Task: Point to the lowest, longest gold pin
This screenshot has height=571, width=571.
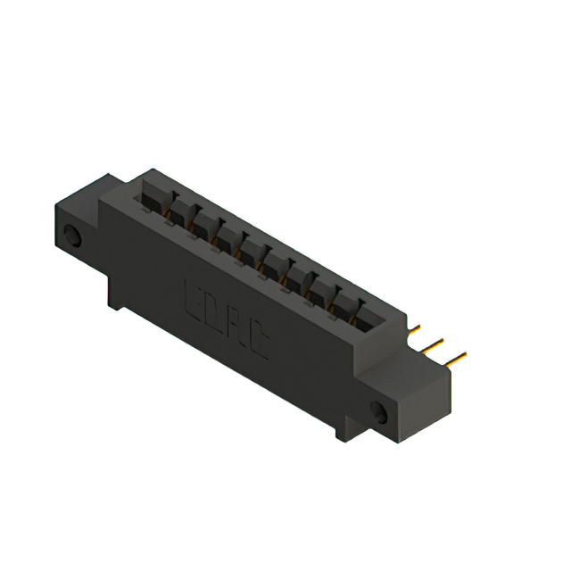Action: click(454, 360)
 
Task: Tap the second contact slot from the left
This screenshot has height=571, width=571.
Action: click(181, 211)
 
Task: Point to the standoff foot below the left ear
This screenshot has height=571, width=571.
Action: click(115, 294)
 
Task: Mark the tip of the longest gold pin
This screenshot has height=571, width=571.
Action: click(464, 356)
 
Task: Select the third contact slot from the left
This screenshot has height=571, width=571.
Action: click(204, 225)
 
